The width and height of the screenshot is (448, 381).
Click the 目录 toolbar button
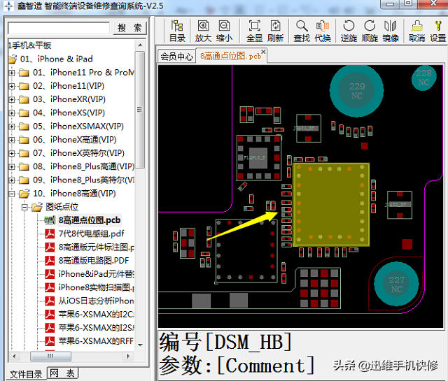177,31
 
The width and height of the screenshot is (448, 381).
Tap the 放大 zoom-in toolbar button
203,31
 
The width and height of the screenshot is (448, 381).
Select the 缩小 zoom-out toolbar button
224,31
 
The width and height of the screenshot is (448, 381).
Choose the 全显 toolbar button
255,31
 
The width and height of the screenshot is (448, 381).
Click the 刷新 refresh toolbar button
276,31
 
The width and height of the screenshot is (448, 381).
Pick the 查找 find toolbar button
302,31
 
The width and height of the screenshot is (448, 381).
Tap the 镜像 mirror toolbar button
391,31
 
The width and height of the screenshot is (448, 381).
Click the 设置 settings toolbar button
437,31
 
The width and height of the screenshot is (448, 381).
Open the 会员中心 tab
176,57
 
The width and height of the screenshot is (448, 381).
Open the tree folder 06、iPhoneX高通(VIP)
83,140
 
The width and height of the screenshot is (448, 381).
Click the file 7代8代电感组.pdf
91,233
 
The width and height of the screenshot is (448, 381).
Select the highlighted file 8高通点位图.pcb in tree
90,220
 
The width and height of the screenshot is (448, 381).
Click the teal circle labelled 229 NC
356,91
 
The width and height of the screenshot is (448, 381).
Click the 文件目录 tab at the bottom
26,374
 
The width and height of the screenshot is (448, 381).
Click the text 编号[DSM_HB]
225,343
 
